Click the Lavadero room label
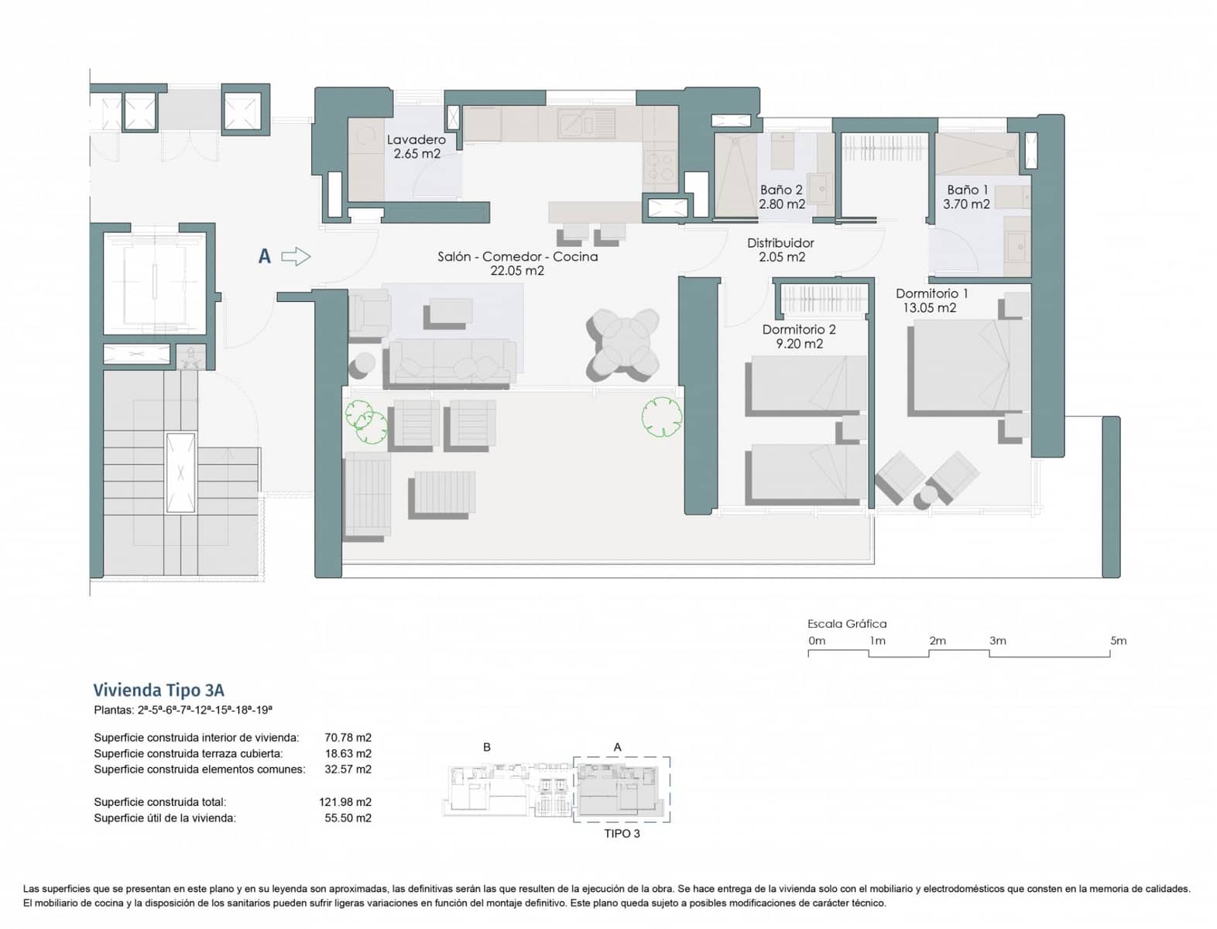click(x=416, y=139)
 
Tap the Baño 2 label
click(x=780, y=190)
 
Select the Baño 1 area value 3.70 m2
click(x=966, y=204)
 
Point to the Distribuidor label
click(x=780, y=243)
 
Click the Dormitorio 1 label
click(x=931, y=293)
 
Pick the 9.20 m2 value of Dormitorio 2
click(x=799, y=344)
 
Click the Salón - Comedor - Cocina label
click(x=517, y=256)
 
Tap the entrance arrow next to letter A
click(x=296, y=256)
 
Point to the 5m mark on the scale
click(x=1118, y=641)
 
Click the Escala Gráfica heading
click(x=846, y=623)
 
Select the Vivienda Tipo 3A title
click(x=159, y=690)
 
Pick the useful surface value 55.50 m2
click(x=348, y=818)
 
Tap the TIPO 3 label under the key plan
click(x=622, y=834)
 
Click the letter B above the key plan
click(x=487, y=747)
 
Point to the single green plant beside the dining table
click(x=661, y=417)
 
